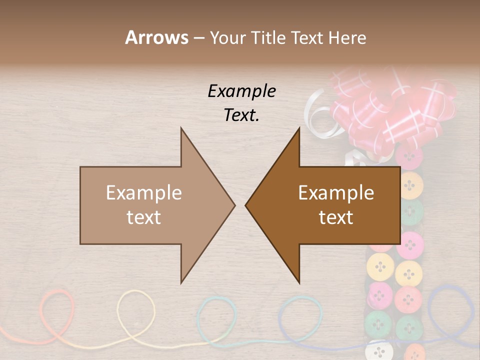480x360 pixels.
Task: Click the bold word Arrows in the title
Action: tap(156, 37)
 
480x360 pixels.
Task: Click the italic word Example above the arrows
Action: tap(241, 91)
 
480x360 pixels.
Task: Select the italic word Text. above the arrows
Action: tap(241, 115)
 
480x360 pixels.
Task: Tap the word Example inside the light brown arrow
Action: tap(143, 193)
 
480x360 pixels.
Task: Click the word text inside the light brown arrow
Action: tap(143, 217)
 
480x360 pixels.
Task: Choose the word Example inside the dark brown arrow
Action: tap(336, 193)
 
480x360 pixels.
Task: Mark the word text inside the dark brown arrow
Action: tap(336, 217)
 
